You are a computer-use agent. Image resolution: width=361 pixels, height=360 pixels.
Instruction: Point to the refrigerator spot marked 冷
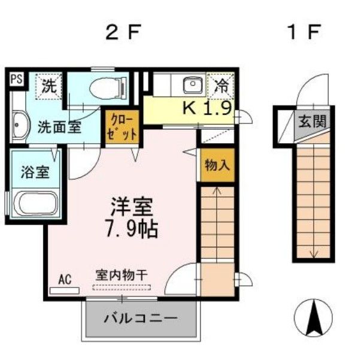click(x=222, y=84)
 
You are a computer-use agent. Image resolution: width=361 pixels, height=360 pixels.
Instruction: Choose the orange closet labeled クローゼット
click(x=123, y=126)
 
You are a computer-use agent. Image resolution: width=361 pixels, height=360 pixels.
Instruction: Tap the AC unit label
click(x=65, y=279)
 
